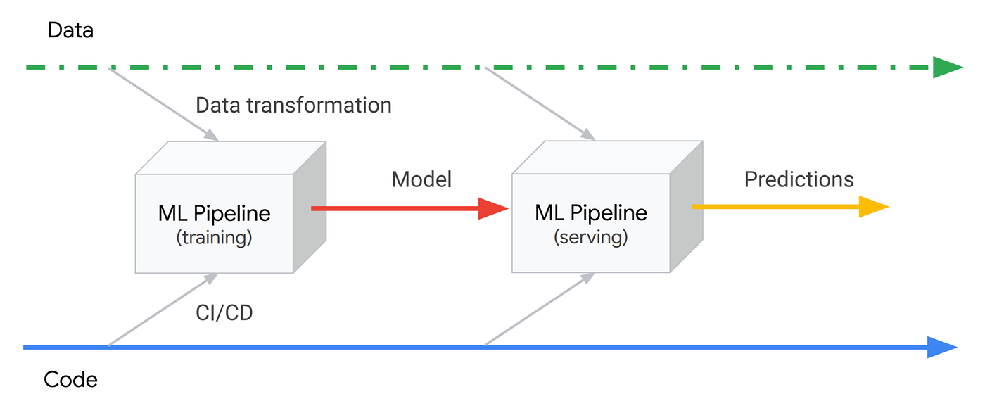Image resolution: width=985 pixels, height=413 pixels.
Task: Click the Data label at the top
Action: [70, 30]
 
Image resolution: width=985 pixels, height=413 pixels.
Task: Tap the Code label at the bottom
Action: [70, 380]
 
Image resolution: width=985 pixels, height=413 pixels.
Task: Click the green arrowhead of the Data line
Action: [946, 68]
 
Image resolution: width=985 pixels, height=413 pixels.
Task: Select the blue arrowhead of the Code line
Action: [941, 347]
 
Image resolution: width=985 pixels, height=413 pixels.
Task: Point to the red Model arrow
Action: [408, 208]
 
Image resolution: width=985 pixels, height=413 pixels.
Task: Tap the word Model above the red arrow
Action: [421, 179]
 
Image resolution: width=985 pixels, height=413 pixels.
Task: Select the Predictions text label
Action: [799, 179]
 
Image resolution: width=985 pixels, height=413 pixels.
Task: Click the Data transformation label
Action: [293, 105]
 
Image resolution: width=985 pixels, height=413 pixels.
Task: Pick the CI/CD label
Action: [224, 312]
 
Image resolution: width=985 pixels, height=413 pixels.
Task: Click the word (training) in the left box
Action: [214, 238]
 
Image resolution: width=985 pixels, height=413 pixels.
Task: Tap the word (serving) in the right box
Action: [591, 237]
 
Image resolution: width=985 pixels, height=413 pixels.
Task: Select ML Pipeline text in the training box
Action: [214, 213]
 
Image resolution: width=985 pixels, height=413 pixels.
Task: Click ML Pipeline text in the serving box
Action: [591, 212]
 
